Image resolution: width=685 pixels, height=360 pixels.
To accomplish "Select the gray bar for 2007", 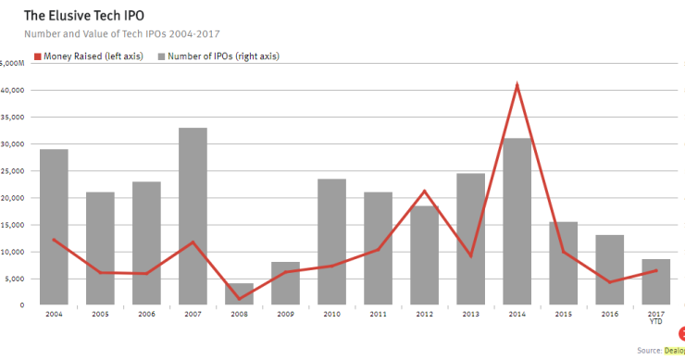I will (x=193, y=217).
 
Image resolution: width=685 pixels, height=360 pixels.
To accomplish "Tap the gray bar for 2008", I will (x=239, y=294).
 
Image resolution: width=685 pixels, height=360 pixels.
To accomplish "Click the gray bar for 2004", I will (x=54, y=227).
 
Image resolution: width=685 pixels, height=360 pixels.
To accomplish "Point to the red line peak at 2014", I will (x=517, y=85).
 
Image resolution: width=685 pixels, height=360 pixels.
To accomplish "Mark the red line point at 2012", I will (x=424, y=192).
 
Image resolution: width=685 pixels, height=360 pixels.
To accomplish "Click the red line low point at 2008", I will (x=239, y=299).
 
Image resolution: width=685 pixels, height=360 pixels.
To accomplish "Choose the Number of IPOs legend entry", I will (x=218, y=56).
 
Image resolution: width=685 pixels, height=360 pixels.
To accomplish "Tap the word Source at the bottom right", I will (x=649, y=350).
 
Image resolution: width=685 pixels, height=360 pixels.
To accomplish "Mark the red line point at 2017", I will (x=655, y=270).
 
